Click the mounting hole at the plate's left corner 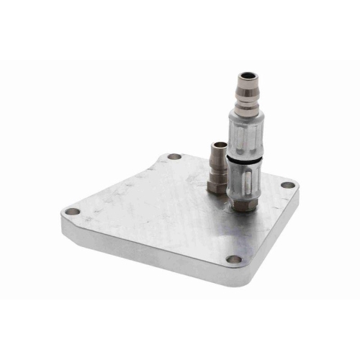(72, 212)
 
